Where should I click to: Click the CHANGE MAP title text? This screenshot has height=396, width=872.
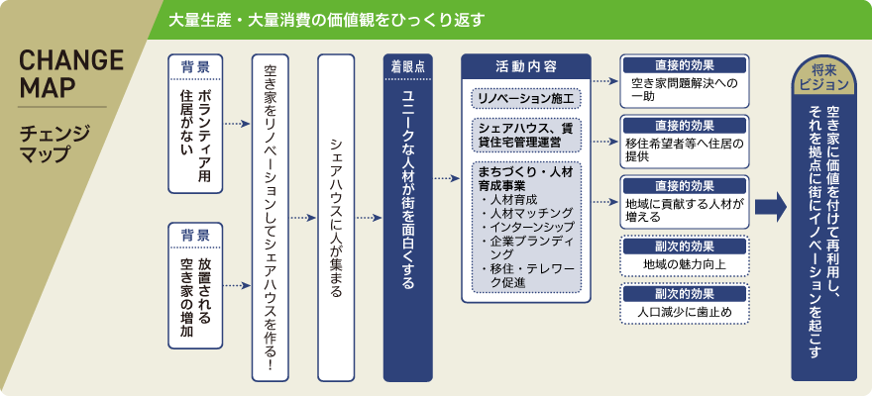(72, 74)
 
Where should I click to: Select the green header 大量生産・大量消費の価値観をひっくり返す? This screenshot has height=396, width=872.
(327, 19)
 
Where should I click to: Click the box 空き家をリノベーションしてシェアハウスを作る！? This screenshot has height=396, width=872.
(270, 218)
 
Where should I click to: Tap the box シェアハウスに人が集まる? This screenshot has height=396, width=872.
(335, 218)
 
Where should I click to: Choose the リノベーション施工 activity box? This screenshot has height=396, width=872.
(525, 100)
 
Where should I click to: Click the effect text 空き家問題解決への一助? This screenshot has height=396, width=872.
(685, 90)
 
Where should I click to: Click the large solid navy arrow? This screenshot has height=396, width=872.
(770, 206)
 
